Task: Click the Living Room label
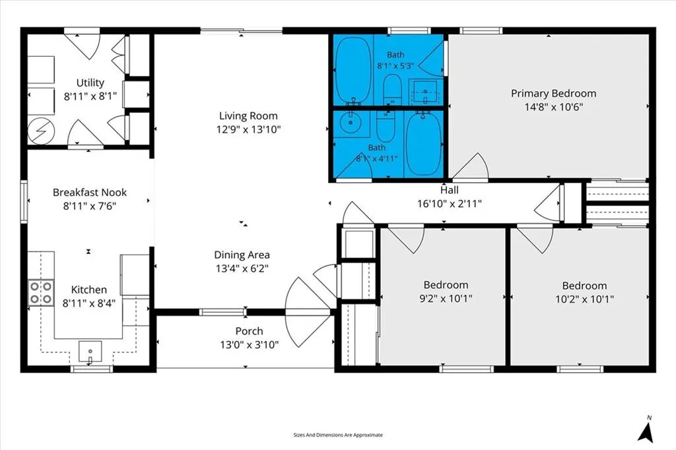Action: (248, 115)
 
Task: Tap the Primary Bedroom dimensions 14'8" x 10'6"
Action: (554, 106)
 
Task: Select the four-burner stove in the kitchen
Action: (42, 293)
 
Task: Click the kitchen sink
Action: (90, 352)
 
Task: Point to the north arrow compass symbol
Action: (646, 430)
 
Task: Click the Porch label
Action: (249, 331)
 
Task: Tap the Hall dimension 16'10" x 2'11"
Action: (449, 203)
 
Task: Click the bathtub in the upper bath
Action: (353, 70)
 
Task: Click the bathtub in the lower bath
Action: (423, 144)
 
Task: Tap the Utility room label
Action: (90, 82)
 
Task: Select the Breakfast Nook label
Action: (90, 192)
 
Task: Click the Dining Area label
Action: (242, 255)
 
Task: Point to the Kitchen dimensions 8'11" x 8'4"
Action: (89, 303)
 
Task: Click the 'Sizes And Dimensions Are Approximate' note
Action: (338, 435)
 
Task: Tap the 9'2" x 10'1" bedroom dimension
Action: (446, 298)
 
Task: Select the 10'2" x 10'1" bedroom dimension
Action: (585, 299)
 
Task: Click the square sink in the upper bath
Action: (425, 91)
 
